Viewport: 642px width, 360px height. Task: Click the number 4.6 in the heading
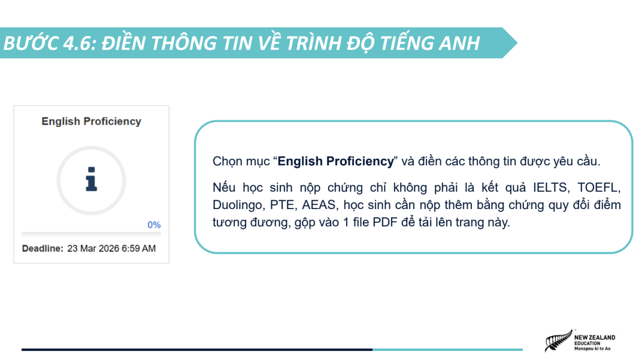point(80,43)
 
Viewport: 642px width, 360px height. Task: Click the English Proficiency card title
point(91,121)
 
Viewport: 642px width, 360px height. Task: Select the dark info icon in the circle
point(91,179)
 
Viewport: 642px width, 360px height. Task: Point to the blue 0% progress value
point(154,225)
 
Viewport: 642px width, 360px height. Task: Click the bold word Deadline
point(43,249)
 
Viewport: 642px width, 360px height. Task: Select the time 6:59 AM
point(139,249)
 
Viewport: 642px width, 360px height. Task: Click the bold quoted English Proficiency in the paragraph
point(336,161)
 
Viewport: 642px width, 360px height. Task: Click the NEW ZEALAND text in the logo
point(595,337)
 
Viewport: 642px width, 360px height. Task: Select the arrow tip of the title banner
point(517,43)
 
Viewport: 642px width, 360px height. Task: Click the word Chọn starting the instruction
point(225,161)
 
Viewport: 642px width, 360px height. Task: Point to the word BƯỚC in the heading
point(31,43)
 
